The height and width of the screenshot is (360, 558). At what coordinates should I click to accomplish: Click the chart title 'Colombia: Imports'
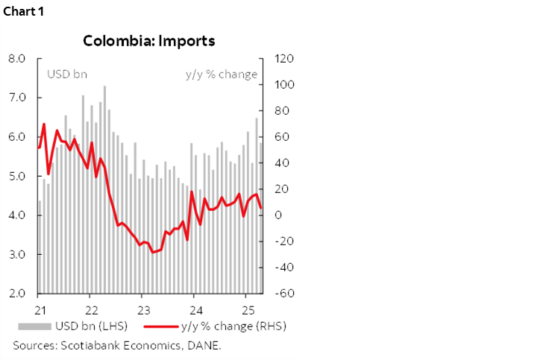click(x=149, y=40)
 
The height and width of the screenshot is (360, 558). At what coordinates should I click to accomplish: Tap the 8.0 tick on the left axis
click(x=18, y=59)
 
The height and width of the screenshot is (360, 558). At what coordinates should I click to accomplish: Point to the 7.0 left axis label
click(x=18, y=98)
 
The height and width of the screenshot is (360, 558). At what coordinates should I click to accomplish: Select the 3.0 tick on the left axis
click(x=18, y=254)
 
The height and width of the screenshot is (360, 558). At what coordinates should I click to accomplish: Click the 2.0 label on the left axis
click(x=18, y=294)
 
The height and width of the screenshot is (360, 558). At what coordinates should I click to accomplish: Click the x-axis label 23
click(x=144, y=309)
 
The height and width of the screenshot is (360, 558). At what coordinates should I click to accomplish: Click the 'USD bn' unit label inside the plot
click(x=67, y=75)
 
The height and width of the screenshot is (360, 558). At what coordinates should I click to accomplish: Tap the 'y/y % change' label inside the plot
click(x=221, y=75)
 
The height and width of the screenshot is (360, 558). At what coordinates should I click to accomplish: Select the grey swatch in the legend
click(x=34, y=326)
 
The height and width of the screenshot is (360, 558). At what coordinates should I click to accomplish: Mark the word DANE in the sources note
click(x=205, y=345)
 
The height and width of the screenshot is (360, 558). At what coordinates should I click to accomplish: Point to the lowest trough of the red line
click(x=153, y=252)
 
